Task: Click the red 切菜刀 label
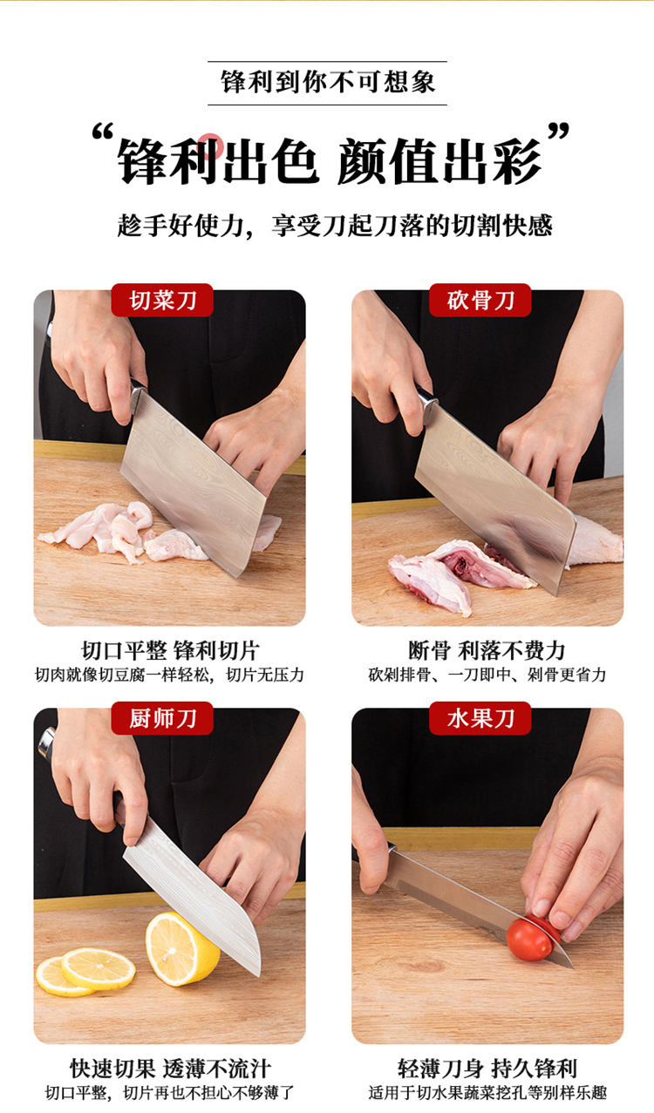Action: (x=162, y=300)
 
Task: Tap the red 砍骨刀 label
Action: (x=480, y=300)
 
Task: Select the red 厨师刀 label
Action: (x=162, y=718)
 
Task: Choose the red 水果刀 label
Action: (x=480, y=718)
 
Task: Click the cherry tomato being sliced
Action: (x=530, y=939)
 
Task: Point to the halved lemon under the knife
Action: (x=181, y=948)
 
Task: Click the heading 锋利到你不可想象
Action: (x=328, y=83)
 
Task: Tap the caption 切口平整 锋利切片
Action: (x=170, y=650)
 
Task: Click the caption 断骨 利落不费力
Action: (x=487, y=650)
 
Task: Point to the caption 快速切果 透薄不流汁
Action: (x=170, y=1069)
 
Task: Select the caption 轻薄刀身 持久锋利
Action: (x=487, y=1069)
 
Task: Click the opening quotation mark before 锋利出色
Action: (x=103, y=132)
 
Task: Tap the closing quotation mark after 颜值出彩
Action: (x=558, y=132)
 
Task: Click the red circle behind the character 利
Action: (x=211, y=145)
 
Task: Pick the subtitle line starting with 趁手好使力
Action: (x=335, y=226)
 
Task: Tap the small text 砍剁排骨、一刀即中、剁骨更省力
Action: (x=487, y=675)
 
